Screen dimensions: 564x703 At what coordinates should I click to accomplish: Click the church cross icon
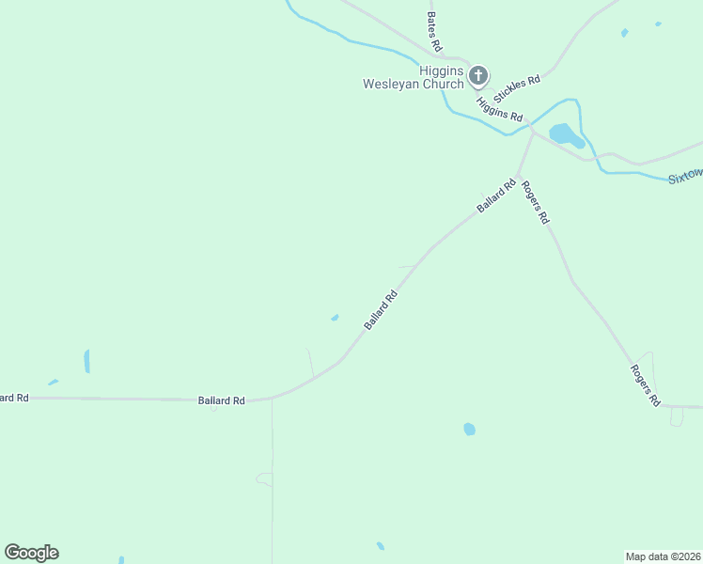477,75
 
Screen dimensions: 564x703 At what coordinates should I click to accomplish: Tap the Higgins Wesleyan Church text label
414,77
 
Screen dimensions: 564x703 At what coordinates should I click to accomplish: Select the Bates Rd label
433,31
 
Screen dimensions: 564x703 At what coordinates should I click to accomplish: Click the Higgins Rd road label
499,108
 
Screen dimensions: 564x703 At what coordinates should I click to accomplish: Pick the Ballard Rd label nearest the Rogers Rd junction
496,196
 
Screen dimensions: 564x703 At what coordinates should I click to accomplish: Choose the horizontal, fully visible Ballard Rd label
221,400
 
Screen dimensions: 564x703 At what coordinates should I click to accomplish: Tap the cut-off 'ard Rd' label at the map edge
14,399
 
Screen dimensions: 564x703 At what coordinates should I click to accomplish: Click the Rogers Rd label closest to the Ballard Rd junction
534,202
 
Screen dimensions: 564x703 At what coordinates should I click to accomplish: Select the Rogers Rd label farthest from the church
646,385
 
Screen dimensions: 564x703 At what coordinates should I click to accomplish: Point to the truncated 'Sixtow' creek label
685,176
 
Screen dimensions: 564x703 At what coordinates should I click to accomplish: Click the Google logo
31,553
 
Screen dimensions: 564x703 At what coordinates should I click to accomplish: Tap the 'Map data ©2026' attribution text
663,556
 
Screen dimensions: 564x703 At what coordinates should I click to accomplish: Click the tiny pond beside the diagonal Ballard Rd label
335,318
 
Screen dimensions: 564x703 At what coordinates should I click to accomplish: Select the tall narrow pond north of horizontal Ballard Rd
86,361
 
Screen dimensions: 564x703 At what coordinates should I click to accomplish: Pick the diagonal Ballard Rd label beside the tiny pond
381,309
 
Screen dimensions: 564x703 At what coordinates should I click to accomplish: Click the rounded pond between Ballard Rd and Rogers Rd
469,429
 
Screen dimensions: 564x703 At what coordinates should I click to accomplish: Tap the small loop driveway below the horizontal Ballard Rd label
264,479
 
